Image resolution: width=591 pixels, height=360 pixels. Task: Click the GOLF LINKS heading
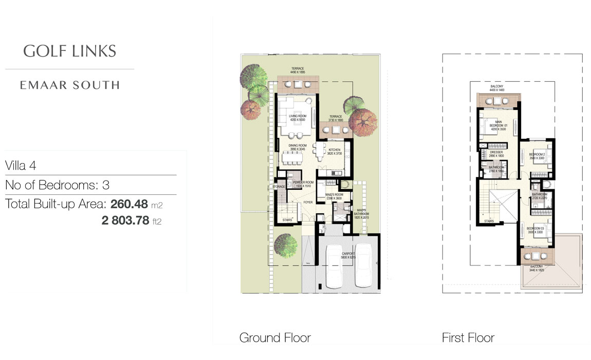point(70,51)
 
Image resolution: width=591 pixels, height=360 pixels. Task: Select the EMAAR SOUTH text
point(70,85)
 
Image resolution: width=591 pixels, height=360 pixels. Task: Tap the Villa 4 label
point(20,166)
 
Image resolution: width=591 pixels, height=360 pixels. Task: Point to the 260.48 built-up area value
point(129,204)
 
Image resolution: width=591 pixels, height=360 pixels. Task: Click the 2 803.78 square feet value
point(126,221)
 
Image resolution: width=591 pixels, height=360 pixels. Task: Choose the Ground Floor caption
point(275,338)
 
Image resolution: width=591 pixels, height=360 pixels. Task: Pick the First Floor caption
point(468,338)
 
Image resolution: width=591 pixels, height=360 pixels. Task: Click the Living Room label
point(298,117)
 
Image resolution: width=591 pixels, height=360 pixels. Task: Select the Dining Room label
point(297,146)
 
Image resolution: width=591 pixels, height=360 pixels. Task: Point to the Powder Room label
point(303,183)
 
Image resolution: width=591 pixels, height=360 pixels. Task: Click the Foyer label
point(308,202)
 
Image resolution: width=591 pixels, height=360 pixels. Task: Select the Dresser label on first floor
point(496,153)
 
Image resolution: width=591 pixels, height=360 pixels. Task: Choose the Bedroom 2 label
point(538,154)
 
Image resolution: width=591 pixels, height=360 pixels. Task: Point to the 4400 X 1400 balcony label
point(496,88)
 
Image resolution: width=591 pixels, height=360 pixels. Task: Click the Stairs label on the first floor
point(489,222)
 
